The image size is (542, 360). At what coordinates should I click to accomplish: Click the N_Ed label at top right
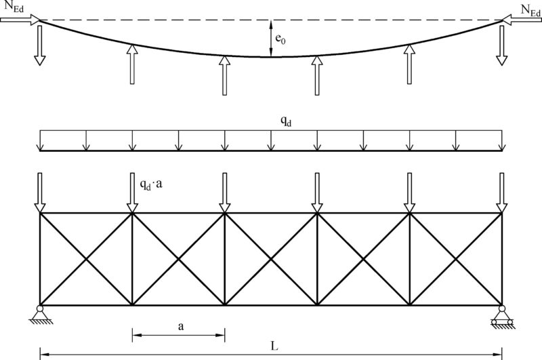point(530,10)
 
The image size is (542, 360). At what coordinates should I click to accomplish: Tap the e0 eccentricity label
point(280,39)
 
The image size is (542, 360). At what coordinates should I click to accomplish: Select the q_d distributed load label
point(285,121)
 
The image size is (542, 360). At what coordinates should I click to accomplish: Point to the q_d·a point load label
point(151,184)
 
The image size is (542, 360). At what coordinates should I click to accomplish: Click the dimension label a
point(181,326)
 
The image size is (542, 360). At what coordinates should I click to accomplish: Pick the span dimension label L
point(274,346)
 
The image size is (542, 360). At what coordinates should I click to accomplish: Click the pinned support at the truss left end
point(40,315)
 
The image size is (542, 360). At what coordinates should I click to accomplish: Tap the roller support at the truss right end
point(501,316)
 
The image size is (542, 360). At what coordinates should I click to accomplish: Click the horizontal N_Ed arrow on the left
point(20,20)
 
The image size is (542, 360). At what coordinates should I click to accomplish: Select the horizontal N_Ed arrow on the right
point(522,20)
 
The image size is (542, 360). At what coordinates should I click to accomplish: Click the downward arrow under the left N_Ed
point(40,45)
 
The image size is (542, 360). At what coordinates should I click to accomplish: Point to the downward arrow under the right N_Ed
point(501,45)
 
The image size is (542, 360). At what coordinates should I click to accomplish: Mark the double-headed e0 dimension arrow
point(271,38)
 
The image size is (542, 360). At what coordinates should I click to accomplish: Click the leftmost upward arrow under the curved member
point(132,64)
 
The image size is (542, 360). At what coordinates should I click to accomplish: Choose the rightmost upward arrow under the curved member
point(409,64)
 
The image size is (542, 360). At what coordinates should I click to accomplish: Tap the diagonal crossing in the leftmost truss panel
point(86,259)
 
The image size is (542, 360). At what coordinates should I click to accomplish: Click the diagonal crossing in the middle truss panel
point(271,259)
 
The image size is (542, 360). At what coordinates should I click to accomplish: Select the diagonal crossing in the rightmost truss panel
point(455,259)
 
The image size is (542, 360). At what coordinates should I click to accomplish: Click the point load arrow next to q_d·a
point(132,193)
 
